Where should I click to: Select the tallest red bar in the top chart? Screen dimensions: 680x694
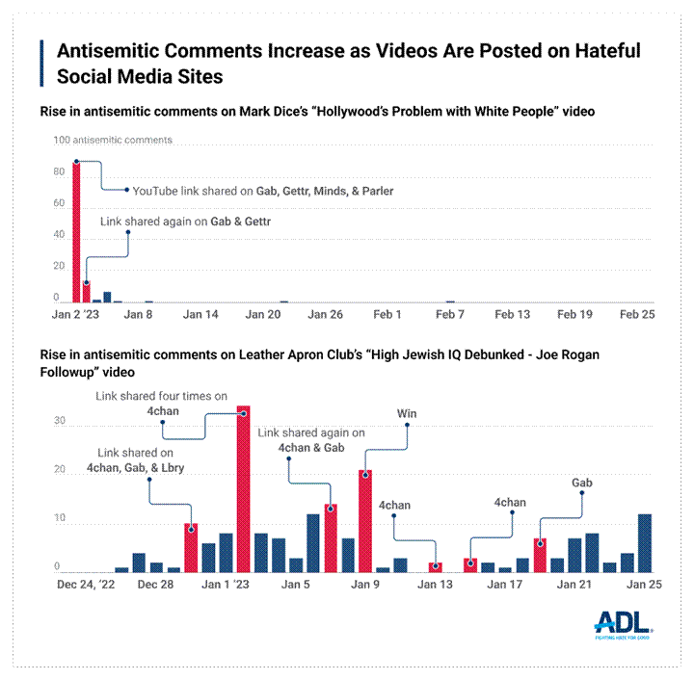pyautogui.click(x=76, y=232)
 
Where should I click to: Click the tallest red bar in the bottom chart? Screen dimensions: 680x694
pyautogui.click(x=244, y=489)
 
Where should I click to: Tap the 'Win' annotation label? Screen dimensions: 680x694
pyautogui.click(x=407, y=414)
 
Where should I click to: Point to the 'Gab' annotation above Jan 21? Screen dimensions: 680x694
pyautogui.click(x=582, y=483)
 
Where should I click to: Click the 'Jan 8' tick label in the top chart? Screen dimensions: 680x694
pyautogui.click(x=137, y=315)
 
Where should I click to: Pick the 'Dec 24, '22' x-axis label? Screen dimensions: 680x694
pyautogui.click(x=86, y=585)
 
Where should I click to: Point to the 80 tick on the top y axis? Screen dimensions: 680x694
pyautogui.click(x=59, y=171)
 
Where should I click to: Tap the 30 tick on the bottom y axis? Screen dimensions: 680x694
pyautogui.click(x=59, y=421)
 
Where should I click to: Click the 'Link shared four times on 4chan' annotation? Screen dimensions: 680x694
pyautogui.click(x=160, y=404)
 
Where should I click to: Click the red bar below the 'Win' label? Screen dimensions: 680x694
pyautogui.click(x=365, y=521)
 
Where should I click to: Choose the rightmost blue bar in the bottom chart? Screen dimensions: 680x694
pyautogui.click(x=645, y=543)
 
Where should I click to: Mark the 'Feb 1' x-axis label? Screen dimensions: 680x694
pyautogui.click(x=387, y=315)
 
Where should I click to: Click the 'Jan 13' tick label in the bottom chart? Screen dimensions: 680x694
pyautogui.click(x=435, y=585)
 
